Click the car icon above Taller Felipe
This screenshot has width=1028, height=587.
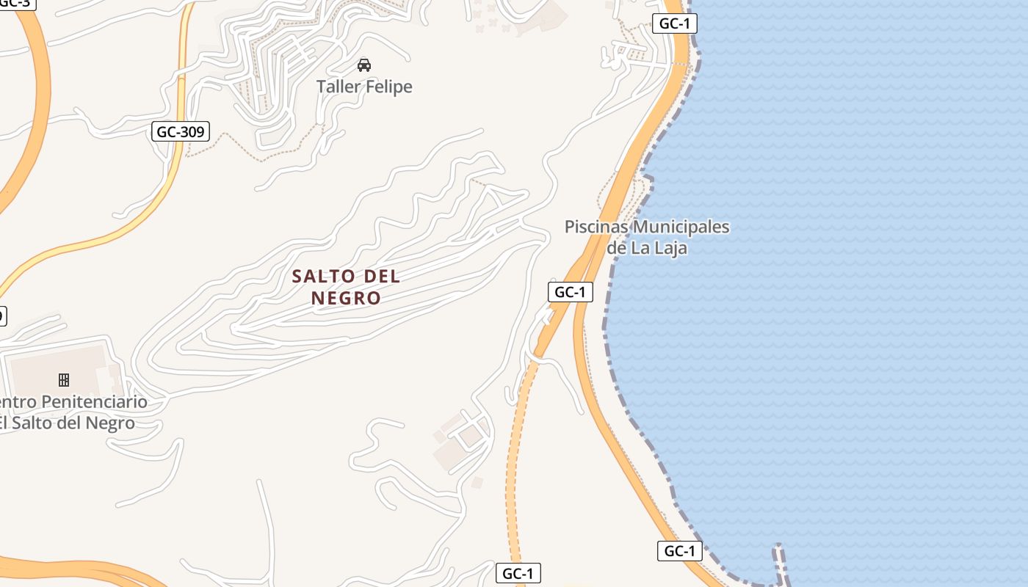pos(363,65)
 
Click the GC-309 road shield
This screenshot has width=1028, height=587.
pos(181,132)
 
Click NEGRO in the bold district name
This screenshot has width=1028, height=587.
pos(347,298)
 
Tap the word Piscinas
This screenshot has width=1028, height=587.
pos(597,227)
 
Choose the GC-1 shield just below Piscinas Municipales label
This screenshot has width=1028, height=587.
pos(570,292)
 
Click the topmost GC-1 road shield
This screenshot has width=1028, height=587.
pos(674,23)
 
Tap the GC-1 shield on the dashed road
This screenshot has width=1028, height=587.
pos(518,574)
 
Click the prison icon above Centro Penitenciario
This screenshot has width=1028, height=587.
pos(64,379)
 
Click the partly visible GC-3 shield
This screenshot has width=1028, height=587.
pos(15,3)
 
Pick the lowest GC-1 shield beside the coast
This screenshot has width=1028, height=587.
pos(679,551)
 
